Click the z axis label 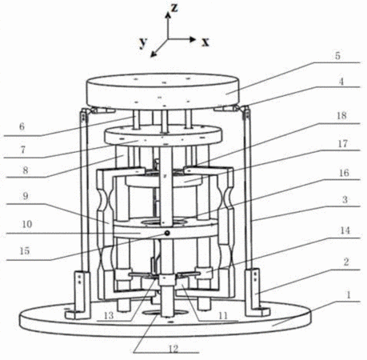click(174, 8)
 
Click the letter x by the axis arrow click(205, 42)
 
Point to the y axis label click(143, 42)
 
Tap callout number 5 click(337, 56)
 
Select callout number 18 click(341, 115)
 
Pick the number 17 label click(343, 144)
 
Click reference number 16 click(344, 173)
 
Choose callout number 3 click(345, 199)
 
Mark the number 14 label click(345, 230)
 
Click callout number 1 click(348, 294)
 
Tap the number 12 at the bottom click(174, 349)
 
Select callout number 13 click(109, 316)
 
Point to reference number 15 click(25, 251)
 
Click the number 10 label click(26, 224)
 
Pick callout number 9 click(26, 197)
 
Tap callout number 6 click(22, 126)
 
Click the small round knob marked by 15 click(167, 234)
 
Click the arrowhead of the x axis click(193, 39)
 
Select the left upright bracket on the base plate click(78, 294)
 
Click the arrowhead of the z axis click(168, 15)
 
